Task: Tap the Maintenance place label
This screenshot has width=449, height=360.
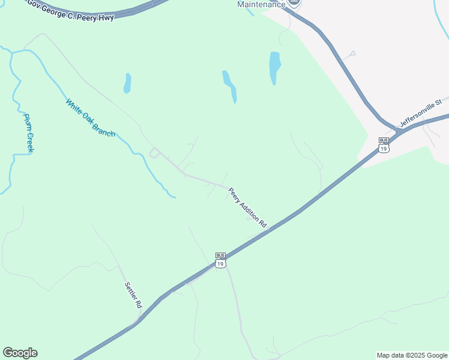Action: (x=261, y=4)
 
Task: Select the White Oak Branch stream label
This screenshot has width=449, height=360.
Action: (x=91, y=118)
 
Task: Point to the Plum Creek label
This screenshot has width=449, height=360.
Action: (x=28, y=133)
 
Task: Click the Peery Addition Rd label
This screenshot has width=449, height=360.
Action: (x=247, y=207)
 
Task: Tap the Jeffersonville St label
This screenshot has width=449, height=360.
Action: (x=421, y=113)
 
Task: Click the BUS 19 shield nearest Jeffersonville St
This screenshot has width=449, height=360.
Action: (x=384, y=145)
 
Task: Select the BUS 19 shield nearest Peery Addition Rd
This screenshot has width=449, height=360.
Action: (x=221, y=260)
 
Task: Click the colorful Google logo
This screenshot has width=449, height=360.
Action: (x=20, y=353)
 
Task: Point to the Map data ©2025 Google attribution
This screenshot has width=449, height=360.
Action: (x=412, y=355)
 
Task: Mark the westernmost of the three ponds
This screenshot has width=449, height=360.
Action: (x=127, y=83)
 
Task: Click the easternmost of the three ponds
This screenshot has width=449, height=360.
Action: (x=275, y=67)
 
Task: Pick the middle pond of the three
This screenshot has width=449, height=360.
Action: (x=230, y=86)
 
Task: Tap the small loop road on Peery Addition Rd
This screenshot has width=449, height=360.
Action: (x=154, y=153)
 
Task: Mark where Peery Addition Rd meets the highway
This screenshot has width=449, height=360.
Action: (x=268, y=229)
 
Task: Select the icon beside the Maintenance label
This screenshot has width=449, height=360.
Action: (x=294, y=3)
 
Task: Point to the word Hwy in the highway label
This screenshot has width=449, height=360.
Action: (x=105, y=17)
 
